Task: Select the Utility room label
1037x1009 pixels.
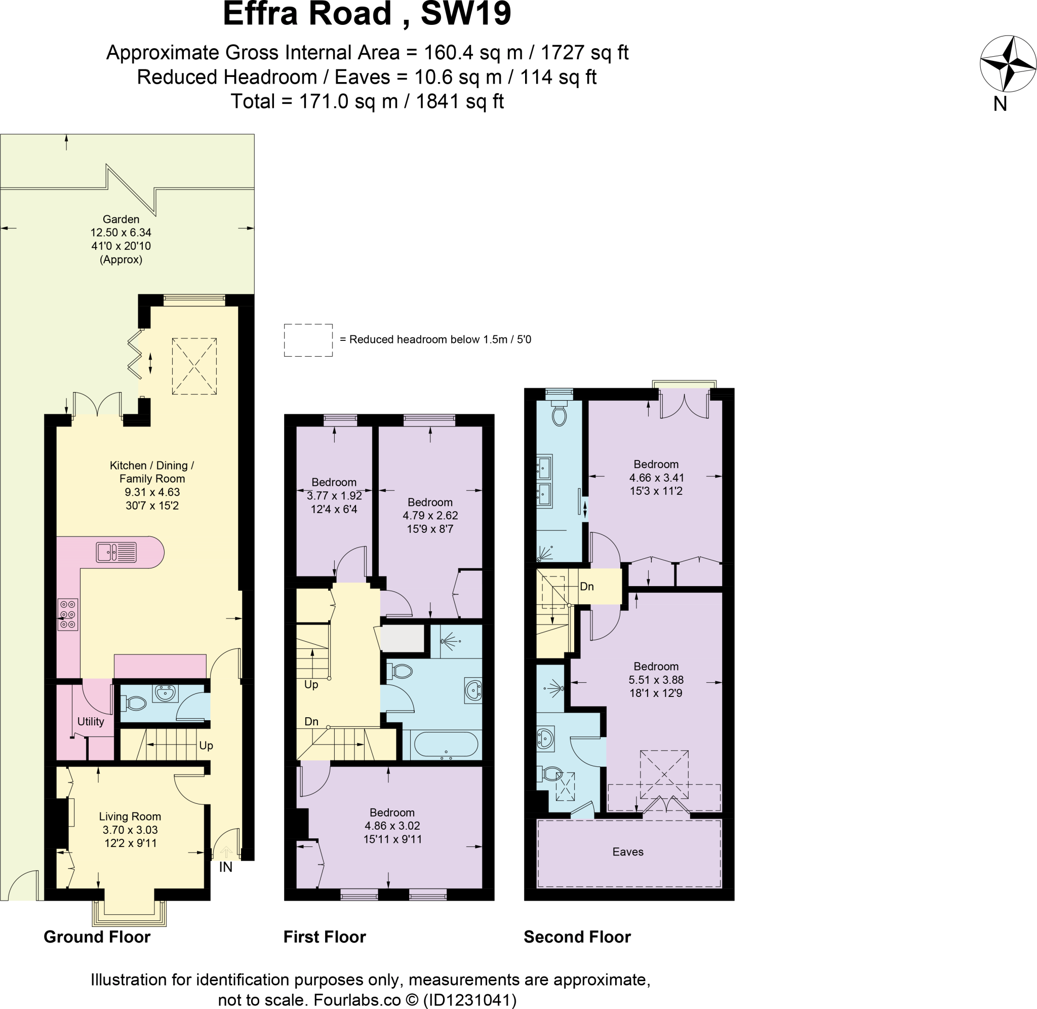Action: (x=91, y=721)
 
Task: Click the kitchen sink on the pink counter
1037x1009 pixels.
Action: (x=116, y=552)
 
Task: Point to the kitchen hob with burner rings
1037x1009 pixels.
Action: (x=68, y=614)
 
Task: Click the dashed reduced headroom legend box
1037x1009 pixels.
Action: (x=308, y=340)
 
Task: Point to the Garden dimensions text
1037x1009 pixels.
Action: (x=121, y=239)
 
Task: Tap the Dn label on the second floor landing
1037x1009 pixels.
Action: (x=586, y=587)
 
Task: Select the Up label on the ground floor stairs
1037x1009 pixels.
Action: (x=206, y=745)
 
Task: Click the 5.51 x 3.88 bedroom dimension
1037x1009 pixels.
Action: (x=656, y=679)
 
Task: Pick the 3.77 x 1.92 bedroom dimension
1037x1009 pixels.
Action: (x=334, y=495)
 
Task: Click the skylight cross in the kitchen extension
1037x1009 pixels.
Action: (x=194, y=366)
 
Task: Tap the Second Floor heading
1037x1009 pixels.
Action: (x=577, y=937)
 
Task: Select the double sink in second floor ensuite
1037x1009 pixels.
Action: (x=544, y=481)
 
